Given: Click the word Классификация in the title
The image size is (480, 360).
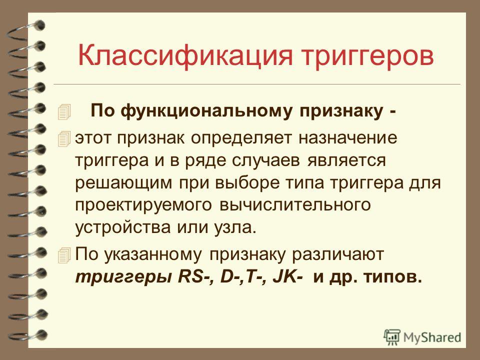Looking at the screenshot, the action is click(185, 56).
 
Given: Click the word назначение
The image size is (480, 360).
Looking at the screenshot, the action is click(348, 138).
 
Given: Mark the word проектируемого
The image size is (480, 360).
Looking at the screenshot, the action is click(143, 205).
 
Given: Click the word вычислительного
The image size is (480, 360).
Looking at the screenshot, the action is click(295, 205).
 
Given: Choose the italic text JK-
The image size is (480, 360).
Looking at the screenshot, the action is click(288, 277).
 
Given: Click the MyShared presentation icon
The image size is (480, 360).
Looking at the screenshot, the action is click(392, 337).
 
